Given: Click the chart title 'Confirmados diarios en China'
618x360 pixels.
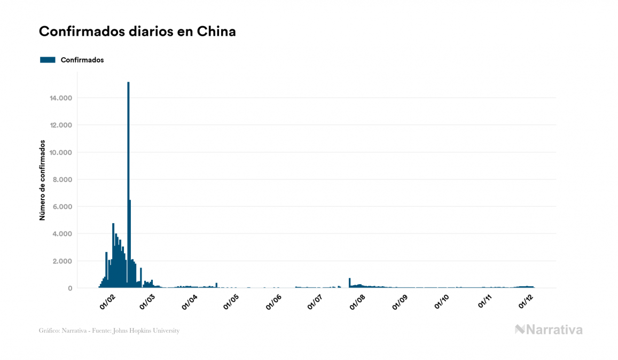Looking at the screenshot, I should tap(137, 32).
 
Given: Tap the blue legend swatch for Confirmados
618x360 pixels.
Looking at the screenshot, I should tap(48, 60).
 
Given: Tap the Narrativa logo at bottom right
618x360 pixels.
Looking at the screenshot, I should tap(549, 330).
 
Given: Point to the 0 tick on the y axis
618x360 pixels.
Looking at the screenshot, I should tap(71, 288).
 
